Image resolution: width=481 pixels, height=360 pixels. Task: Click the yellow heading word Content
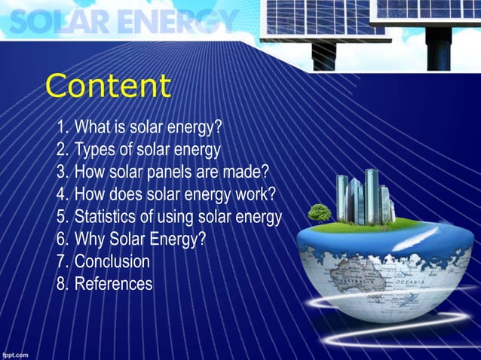[108, 86]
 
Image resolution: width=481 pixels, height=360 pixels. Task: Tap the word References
[113, 285]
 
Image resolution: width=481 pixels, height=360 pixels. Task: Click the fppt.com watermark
[15, 352]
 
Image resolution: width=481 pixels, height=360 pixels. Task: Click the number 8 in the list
[62, 285]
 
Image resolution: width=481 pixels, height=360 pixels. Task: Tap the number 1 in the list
[62, 126]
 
